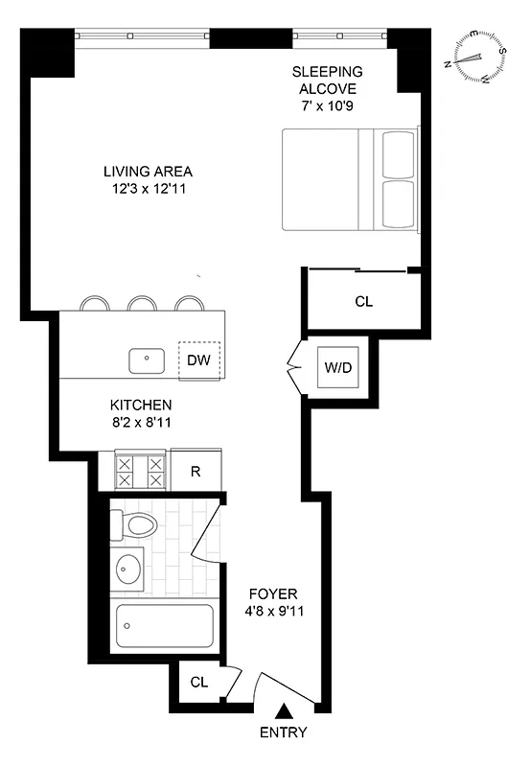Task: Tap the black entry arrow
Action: coord(284,710)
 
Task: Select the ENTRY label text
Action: coord(284,733)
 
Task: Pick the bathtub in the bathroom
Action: coord(164,626)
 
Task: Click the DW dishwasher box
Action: coord(199,360)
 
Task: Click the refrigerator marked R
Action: coord(196,471)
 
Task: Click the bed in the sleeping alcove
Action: coord(351,179)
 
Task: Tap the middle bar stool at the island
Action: coord(143,303)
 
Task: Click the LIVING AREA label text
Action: coord(142,172)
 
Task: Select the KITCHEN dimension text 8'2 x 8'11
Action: coord(140,420)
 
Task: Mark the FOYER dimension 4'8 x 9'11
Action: coord(273,609)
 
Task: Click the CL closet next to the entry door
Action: coord(198,683)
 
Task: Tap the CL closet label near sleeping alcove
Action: coord(363,301)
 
